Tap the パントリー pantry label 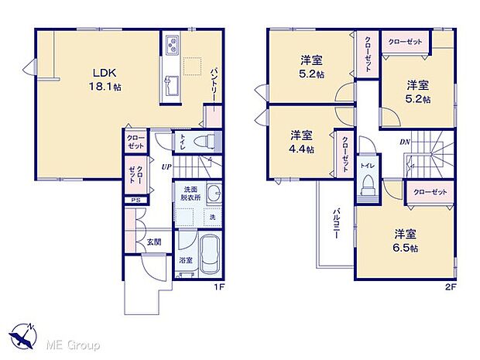click(x=214, y=83)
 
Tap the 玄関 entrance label click(x=154, y=242)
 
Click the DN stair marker click(x=404, y=142)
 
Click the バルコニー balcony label click(x=338, y=227)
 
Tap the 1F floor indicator click(x=218, y=286)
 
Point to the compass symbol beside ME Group click(x=22, y=336)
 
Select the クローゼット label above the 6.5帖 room click(x=427, y=191)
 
